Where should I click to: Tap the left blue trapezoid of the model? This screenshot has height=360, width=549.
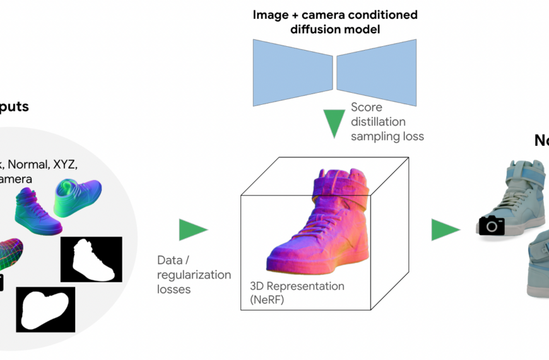[292, 73]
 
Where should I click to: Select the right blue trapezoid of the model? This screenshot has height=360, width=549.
[376, 73]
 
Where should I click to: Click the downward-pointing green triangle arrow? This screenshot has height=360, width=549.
[334, 124]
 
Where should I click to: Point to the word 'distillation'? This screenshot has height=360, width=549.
[378, 121]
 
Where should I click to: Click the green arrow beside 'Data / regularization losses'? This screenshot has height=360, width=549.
[192, 230]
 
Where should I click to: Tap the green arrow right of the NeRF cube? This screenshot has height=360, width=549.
[446, 229]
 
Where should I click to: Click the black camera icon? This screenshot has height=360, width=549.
[492, 225]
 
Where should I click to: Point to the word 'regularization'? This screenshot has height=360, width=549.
[194, 275]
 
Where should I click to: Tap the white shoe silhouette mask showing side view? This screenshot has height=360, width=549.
[91, 260]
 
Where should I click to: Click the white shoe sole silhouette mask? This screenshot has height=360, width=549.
[45, 309]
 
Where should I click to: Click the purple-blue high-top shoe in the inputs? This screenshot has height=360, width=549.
[38, 210]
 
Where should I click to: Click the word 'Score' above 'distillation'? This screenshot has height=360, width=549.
[367, 107]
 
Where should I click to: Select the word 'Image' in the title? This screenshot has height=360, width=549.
[270, 15]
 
